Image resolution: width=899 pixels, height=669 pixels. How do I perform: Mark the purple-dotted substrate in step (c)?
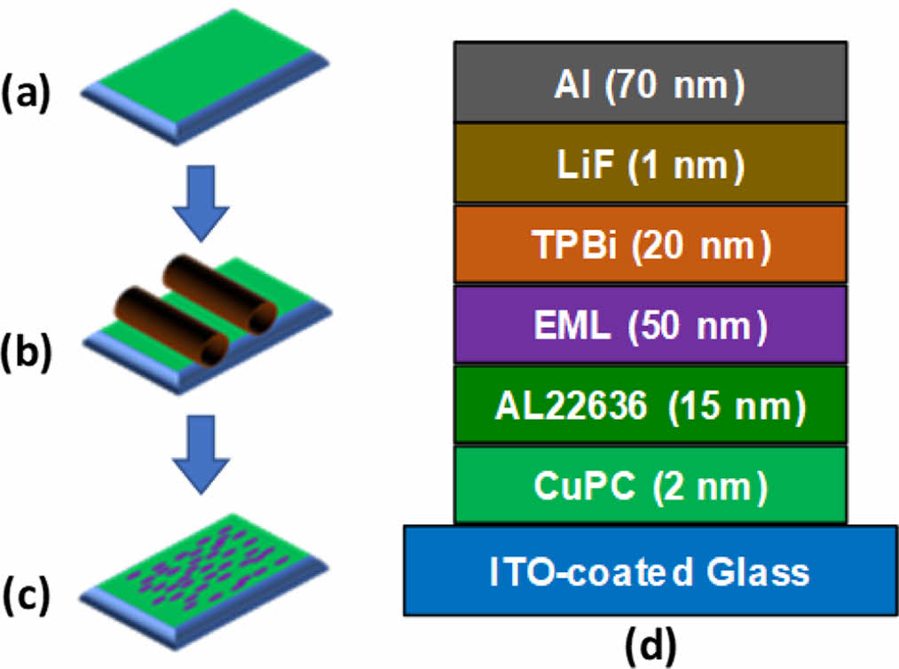209,568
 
